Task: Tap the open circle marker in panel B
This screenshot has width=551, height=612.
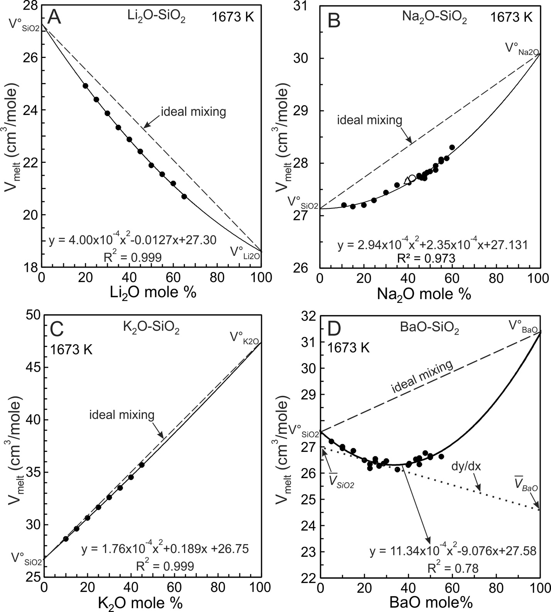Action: pyautogui.click(x=412, y=178)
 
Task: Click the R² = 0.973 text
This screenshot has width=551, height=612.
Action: pyautogui.click(x=426, y=258)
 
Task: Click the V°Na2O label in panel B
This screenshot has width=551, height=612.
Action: pyautogui.click(x=522, y=49)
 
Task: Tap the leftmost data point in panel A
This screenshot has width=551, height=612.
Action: pyautogui.click(x=86, y=86)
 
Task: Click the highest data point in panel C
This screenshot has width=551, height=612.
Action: pyautogui.click(x=142, y=465)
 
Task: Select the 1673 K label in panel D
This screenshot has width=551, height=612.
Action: pyautogui.click(x=348, y=348)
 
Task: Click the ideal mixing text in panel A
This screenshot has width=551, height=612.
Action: pyautogui.click(x=193, y=112)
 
